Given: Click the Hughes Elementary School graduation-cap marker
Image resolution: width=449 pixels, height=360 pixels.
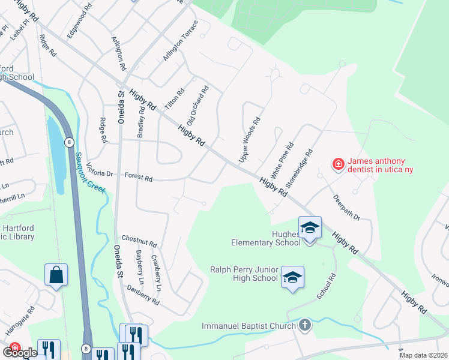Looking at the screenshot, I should tap(310, 228).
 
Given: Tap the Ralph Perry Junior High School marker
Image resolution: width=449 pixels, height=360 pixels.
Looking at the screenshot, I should tap(292, 278).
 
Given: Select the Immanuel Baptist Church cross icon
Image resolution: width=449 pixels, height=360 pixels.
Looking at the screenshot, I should tap(305, 326).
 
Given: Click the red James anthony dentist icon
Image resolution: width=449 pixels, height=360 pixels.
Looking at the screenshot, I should tap(339, 164).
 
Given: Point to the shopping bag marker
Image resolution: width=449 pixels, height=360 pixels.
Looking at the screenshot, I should tap(56, 275).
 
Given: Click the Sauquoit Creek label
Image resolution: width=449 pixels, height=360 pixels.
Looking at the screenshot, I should tap(90, 172).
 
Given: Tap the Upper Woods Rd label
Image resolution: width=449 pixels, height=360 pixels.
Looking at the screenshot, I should tap(250, 140).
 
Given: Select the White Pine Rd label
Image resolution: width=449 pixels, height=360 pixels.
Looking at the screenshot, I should tap(282, 160).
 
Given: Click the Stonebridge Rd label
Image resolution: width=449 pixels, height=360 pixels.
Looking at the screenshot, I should tap(299, 170).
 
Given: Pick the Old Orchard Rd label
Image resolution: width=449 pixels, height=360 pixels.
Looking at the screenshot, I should tap(197, 106).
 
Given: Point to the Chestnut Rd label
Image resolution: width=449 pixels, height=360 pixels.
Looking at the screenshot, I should tap(139, 245).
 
